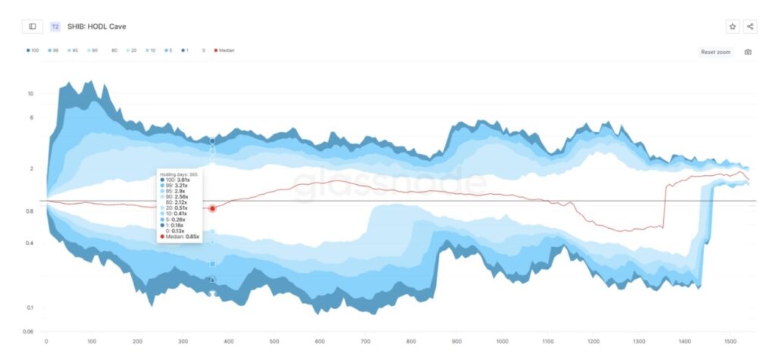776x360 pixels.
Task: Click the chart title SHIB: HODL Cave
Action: [97, 27]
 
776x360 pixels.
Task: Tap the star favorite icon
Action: [733, 27]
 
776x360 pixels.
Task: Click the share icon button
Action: [750, 27]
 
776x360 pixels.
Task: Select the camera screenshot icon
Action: [748, 52]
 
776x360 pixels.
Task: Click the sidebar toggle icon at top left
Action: [33, 27]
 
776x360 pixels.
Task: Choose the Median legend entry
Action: [224, 51]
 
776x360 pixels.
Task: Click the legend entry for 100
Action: [33, 51]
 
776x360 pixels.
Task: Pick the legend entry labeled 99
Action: [53, 51]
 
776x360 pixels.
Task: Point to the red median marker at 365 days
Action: [213, 208]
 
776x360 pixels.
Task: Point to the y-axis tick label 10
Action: [30, 94]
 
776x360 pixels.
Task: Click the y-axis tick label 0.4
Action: [30, 243]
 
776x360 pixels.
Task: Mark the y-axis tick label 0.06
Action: [29, 332]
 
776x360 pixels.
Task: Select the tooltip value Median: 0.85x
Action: [182, 236]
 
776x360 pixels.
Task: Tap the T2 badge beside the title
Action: [55, 27]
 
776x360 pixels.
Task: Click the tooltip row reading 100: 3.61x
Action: [177, 180]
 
